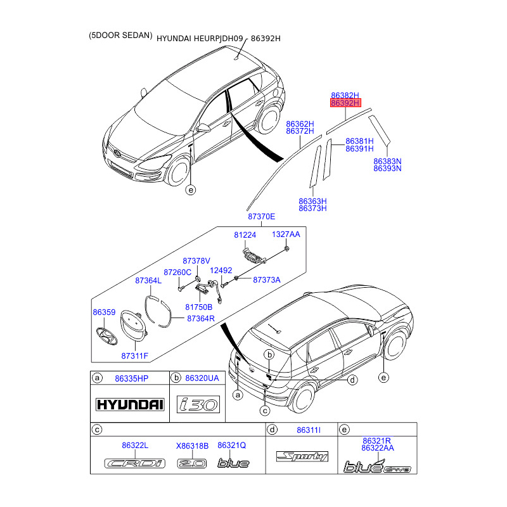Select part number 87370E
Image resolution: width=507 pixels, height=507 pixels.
(262, 217)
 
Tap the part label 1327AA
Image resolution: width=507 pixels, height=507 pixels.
(286, 234)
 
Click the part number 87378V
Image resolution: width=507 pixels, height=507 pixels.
(196, 260)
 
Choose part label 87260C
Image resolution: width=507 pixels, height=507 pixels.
(177, 272)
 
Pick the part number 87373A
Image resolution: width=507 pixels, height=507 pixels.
(266, 279)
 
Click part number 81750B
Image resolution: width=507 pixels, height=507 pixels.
(198, 307)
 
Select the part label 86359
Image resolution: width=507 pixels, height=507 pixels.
(104, 312)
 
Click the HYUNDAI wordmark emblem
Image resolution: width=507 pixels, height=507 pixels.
(129, 404)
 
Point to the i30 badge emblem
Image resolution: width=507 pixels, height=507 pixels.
(198, 404)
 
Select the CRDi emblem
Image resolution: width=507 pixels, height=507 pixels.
(134, 463)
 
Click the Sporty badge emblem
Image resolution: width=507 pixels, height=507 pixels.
(302, 456)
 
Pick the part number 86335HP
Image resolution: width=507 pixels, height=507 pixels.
(131, 378)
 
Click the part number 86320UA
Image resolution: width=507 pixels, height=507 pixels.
(202, 378)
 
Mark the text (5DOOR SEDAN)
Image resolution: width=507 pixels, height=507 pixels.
(120, 36)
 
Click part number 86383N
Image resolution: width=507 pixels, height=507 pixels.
(387, 162)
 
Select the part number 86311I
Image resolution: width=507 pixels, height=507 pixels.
(309, 431)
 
